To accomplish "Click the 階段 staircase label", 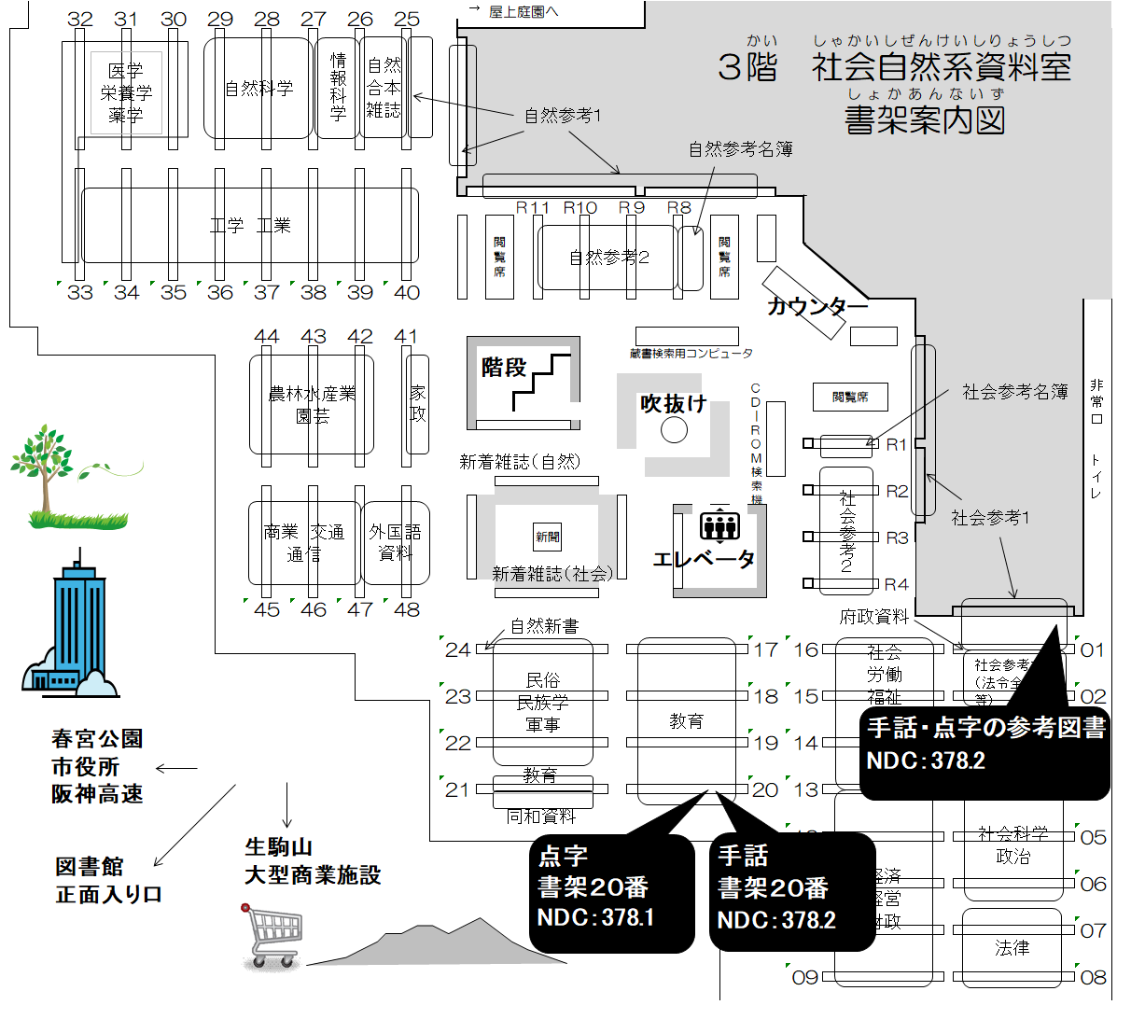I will [x=504, y=368].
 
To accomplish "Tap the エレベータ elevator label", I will [x=704, y=559].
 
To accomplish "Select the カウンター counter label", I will [x=817, y=306].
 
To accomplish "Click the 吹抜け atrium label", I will [x=673, y=404].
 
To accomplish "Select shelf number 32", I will [x=80, y=20].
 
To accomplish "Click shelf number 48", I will [x=407, y=609].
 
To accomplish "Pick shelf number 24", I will [x=457, y=649].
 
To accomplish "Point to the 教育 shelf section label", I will [x=686, y=721].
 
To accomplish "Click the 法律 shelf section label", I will [x=1012, y=948].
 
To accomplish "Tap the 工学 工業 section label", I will [x=250, y=225].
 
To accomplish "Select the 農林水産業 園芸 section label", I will [x=312, y=405].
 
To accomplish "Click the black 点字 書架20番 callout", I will [x=615, y=888].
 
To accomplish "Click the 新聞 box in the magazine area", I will [x=548, y=537].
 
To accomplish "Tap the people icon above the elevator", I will [x=719, y=525].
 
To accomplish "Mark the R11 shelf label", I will [x=533, y=207].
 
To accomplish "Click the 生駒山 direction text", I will [x=278, y=847].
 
